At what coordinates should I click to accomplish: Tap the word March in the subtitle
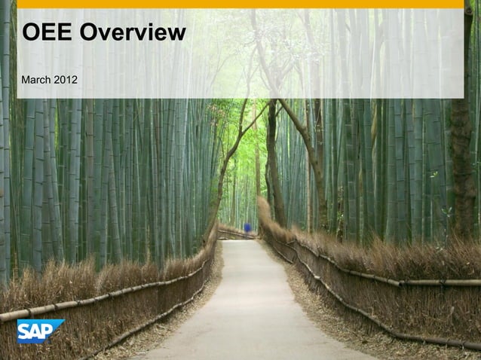tap(36, 79)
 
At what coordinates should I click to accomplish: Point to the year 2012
tap(65, 79)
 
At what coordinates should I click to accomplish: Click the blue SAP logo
tap(40, 331)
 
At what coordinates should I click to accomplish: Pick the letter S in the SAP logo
tap(25, 331)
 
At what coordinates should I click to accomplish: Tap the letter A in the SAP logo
tap(38, 331)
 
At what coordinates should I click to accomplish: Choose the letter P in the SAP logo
tap(51, 329)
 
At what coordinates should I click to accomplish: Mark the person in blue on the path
tap(247, 227)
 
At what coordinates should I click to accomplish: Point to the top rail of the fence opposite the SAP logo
tap(392, 281)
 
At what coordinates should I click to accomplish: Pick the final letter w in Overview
tap(178, 32)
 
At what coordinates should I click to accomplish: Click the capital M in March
tap(26, 79)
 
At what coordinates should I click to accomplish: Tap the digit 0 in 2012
tap(63, 79)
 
